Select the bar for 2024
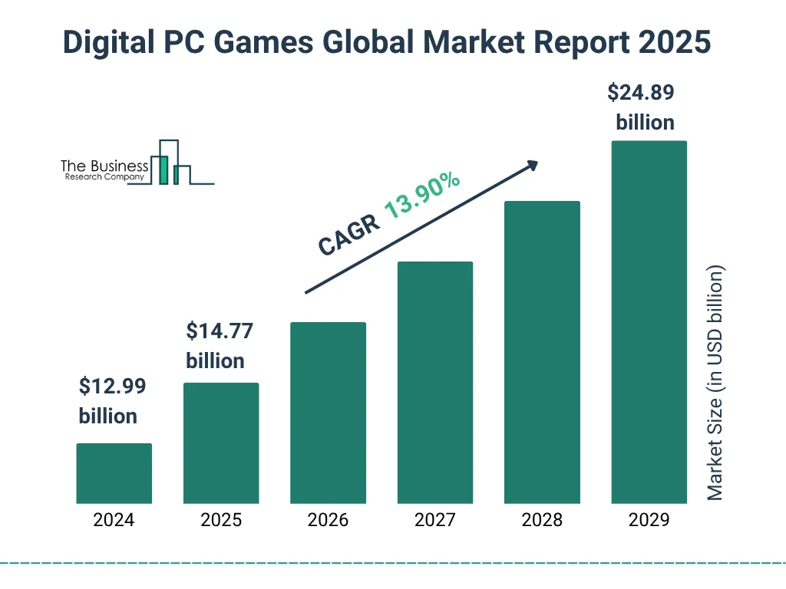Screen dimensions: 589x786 [114, 473]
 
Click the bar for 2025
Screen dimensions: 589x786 [221, 443]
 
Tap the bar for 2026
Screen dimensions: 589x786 [328, 413]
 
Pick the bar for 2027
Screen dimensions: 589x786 [434, 382]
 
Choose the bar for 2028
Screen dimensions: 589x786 [541, 352]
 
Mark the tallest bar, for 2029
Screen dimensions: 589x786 [649, 322]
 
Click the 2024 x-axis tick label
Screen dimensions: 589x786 [114, 520]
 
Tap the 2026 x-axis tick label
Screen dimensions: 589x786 [328, 520]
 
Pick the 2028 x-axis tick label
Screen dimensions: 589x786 [541, 520]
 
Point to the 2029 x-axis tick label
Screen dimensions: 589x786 [649, 520]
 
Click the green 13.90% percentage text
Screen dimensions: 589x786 [422, 196]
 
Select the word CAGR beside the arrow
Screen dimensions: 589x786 [349, 235]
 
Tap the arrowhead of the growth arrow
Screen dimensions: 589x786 [531, 165]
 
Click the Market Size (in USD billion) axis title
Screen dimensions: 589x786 [715, 383]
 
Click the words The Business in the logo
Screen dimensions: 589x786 [104, 166]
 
